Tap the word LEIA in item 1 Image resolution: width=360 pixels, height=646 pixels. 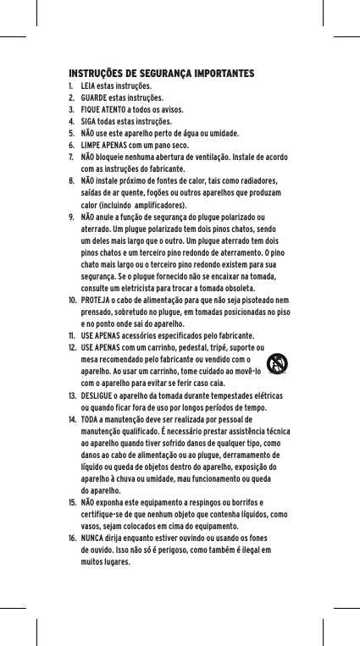(89, 86)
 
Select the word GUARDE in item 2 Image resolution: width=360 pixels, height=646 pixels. (95, 98)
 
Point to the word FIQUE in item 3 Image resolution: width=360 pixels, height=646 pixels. (91, 110)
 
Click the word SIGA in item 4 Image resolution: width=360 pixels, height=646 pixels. (89, 122)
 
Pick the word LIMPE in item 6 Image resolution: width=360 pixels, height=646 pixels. (91, 146)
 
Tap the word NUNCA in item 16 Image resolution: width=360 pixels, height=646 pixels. (93, 538)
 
